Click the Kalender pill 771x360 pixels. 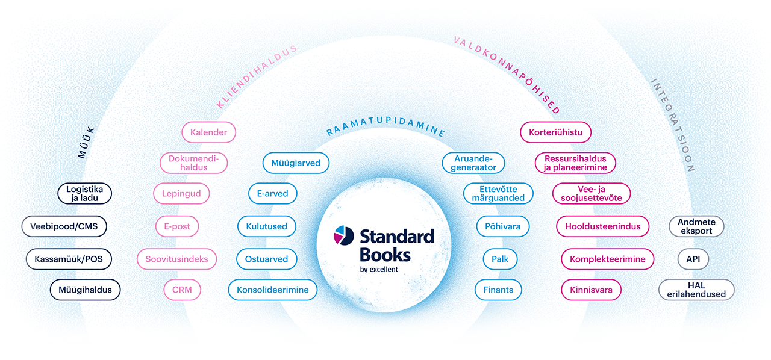click(x=208, y=132)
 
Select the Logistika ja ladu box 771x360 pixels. click(x=85, y=194)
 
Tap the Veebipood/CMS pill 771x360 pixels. click(x=64, y=227)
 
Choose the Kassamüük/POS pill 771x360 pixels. click(x=69, y=259)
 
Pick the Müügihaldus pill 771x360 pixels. click(x=85, y=290)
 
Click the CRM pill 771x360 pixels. click(x=182, y=290)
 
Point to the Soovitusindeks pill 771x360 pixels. click(x=176, y=259)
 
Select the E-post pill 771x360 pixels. click(x=177, y=227)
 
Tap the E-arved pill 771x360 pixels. click(x=272, y=194)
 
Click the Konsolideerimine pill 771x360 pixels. click(x=272, y=290)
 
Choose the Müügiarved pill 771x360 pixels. click(x=296, y=163)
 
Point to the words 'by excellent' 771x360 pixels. click(x=379, y=269)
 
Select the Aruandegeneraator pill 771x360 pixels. click(x=473, y=163)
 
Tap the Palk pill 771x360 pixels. click(x=500, y=259)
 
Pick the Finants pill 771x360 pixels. click(x=498, y=290)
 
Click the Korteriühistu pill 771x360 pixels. click(x=555, y=132)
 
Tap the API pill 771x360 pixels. click(x=688, y=259)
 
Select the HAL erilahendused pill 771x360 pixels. click(x=696, y=290)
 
